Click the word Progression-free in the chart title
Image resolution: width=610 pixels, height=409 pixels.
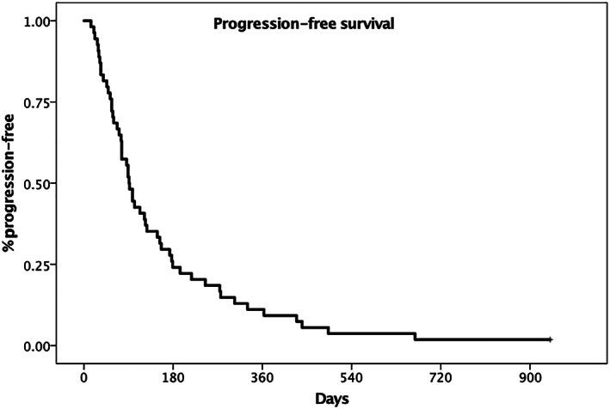click(x=264, y=25)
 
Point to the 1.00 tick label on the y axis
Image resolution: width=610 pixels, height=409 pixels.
click(x=41, y=21)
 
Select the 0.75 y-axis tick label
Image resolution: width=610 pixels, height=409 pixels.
click(x=41, y=102)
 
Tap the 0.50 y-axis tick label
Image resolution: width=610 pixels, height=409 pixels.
click(x=41, y=183)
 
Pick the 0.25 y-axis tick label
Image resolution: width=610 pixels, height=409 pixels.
click(x=41, y=265)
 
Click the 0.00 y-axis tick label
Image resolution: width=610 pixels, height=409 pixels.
click(x=41, y=345)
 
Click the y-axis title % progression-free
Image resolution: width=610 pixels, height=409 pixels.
click(x=13, y=183)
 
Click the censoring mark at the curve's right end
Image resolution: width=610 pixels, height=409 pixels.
click(x=550, y=340)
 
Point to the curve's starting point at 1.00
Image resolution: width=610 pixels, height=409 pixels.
click(x=84, y=21)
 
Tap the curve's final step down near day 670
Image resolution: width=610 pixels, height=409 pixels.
click(x=416, y=337)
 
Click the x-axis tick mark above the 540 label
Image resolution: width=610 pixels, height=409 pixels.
click(x=351, y=365)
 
